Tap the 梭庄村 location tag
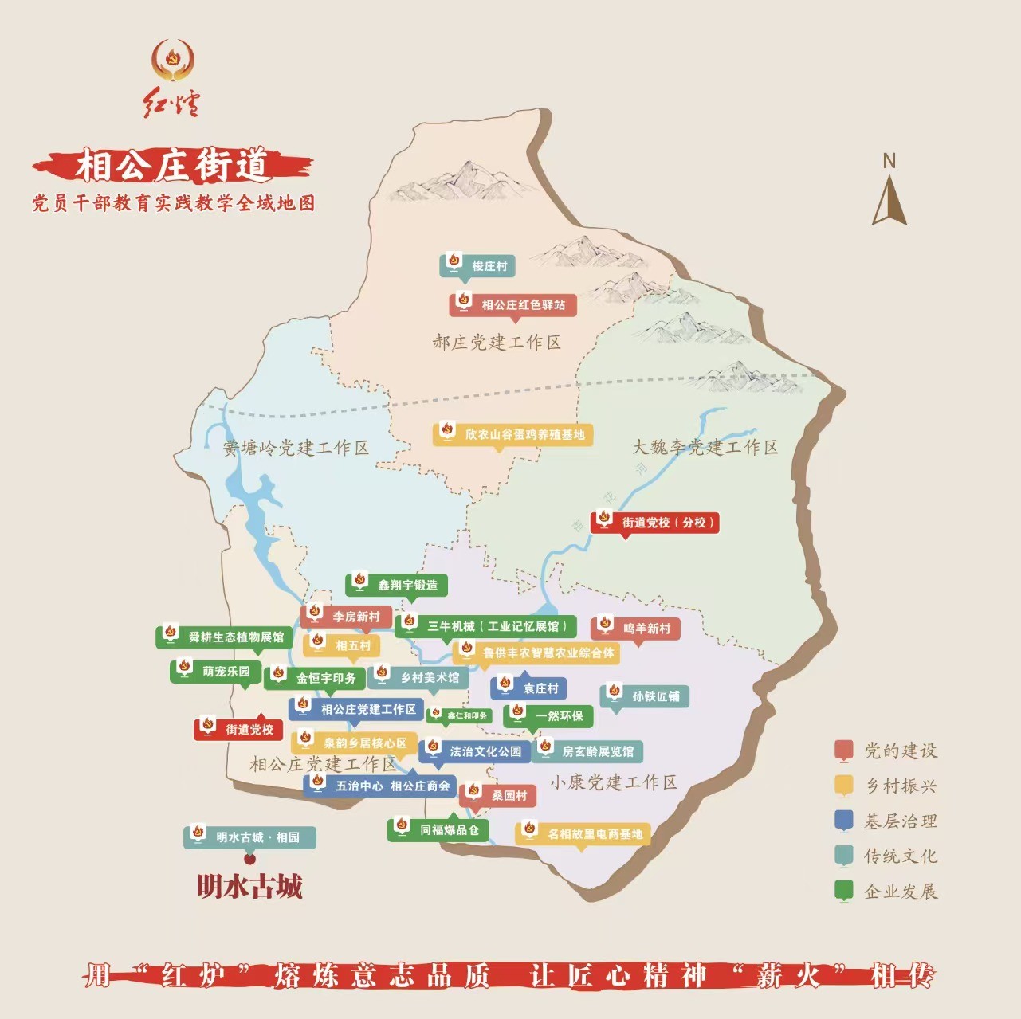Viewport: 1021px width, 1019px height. (477, 266)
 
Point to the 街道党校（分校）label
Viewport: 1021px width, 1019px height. (655, 523)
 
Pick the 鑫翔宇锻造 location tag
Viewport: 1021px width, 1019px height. (396, 585)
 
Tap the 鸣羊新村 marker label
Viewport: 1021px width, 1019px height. (635, 629)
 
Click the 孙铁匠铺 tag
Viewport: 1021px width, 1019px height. (644, 696)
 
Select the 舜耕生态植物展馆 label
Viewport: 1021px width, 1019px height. (224, 637)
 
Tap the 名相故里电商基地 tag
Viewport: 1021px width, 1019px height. (583, 833)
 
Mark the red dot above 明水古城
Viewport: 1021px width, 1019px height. (249, 859)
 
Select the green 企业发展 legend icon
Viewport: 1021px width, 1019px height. (843, 891)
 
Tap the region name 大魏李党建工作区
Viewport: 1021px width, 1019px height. (705, 447)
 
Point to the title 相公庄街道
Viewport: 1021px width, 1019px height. (172, 166)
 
